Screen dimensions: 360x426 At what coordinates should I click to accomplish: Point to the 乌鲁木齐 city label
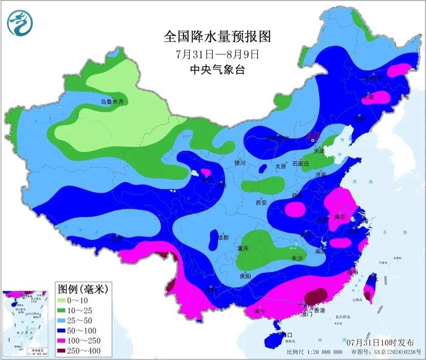(x=112, y=102)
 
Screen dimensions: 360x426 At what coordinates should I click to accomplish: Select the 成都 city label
(x=222, y=237)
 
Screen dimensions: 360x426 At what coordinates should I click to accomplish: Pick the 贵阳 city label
(x=245, y=276)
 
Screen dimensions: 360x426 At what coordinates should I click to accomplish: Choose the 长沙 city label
(x=297, y=258)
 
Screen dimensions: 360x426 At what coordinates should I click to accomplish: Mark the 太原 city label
(x=280, y=166)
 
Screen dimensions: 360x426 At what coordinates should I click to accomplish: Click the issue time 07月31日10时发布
(x=377, y=342)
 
